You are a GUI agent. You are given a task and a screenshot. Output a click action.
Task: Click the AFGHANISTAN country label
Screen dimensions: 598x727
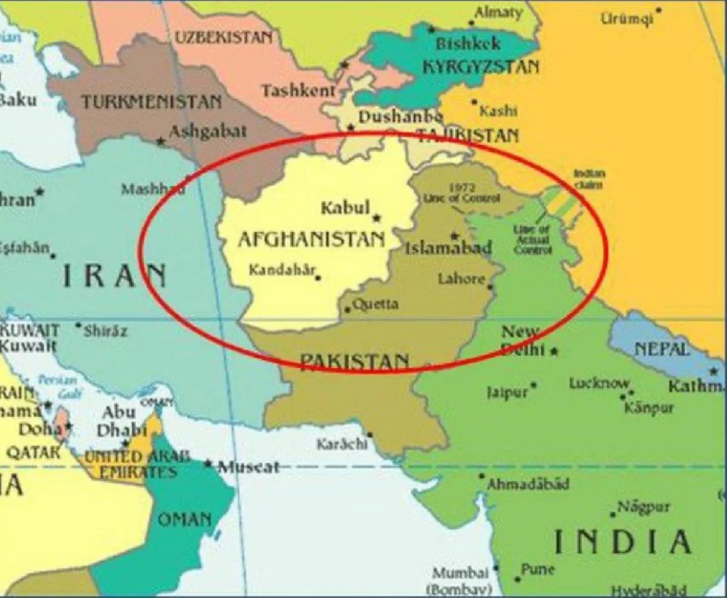pyautogui.click(x=311, y=239)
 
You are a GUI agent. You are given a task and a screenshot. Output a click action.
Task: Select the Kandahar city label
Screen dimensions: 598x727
pyautogui.click(x=281, y=271)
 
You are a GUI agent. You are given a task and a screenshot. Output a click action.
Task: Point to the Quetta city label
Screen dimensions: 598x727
pyautogui.click(x=376, y=305)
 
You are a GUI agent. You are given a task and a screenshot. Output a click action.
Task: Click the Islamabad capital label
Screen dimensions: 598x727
pyautogui.click(x=448, y=248)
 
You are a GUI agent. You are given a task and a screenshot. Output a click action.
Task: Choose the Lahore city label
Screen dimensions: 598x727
pyautogui.click(x=461, y=279)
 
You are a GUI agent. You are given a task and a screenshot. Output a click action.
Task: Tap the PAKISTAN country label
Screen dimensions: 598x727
pyautogui.click(x=354, y=361)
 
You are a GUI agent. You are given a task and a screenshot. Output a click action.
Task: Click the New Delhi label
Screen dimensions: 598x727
pyautogui.click(x=522, y=340)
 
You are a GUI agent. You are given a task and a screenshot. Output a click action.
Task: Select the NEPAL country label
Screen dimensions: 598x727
pyautogui.click(x=661, y=349)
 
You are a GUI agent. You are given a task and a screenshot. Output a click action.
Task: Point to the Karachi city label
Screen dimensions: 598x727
pyautogui.click(x=341, y=444)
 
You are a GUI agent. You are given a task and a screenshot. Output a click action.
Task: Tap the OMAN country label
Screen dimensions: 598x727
pyautogui.click(x=185, y=519)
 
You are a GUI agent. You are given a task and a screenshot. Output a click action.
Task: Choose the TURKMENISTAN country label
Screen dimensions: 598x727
pyautogui.click(x=151, y=102)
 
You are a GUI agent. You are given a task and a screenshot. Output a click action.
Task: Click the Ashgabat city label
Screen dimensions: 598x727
pyautogui.click(x=207, y=131)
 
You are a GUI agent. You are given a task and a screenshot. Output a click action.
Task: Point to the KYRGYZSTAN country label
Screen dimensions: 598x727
pyautogui.click(x=480, y=67)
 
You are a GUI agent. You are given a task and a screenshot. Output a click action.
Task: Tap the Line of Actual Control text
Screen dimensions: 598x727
pyautogui.click(x=532, y=239)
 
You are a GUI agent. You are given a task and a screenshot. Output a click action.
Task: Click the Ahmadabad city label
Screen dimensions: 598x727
pyautogui.click(x=528, y=484)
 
